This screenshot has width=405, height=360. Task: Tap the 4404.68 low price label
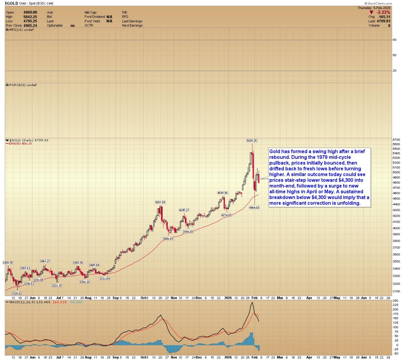pos(254,207)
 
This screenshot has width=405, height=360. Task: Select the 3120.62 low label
pos(16,293)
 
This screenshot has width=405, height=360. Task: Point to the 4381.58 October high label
pos(160,202)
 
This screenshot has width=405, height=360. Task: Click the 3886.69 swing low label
pos(168,239)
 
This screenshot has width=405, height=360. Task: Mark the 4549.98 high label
pos(222,193)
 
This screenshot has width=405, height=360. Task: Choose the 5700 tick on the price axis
pos(396,139)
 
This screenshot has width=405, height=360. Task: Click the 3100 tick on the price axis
pos(396,291)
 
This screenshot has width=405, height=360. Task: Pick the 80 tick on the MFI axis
pos(395,40)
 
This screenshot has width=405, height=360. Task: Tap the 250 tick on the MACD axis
pos(396,300)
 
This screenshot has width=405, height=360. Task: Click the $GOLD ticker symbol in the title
pos(11,3)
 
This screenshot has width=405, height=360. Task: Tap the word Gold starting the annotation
pos(275,151)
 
